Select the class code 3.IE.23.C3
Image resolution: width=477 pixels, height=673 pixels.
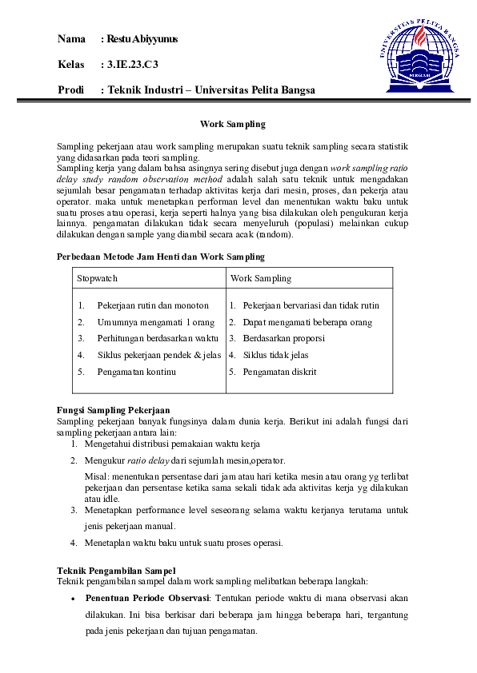(133, 64)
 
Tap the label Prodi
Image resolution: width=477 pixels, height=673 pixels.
(71, 90)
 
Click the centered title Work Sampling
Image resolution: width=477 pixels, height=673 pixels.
(232, 125)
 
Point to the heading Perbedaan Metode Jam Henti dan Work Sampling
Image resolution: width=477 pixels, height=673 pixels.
(160, 257)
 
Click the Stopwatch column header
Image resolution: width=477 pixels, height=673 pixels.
(97, 278)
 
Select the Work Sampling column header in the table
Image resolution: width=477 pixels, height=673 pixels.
(261, 278)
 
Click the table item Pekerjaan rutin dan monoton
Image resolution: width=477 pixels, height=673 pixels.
(152, 305)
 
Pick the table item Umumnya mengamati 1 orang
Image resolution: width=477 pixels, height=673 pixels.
(155, 322)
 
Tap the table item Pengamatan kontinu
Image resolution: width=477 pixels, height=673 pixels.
(136, 372)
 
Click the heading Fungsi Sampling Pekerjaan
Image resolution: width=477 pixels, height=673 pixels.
(114, 410)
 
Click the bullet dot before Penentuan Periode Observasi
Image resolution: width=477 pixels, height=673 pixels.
(74, 598)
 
